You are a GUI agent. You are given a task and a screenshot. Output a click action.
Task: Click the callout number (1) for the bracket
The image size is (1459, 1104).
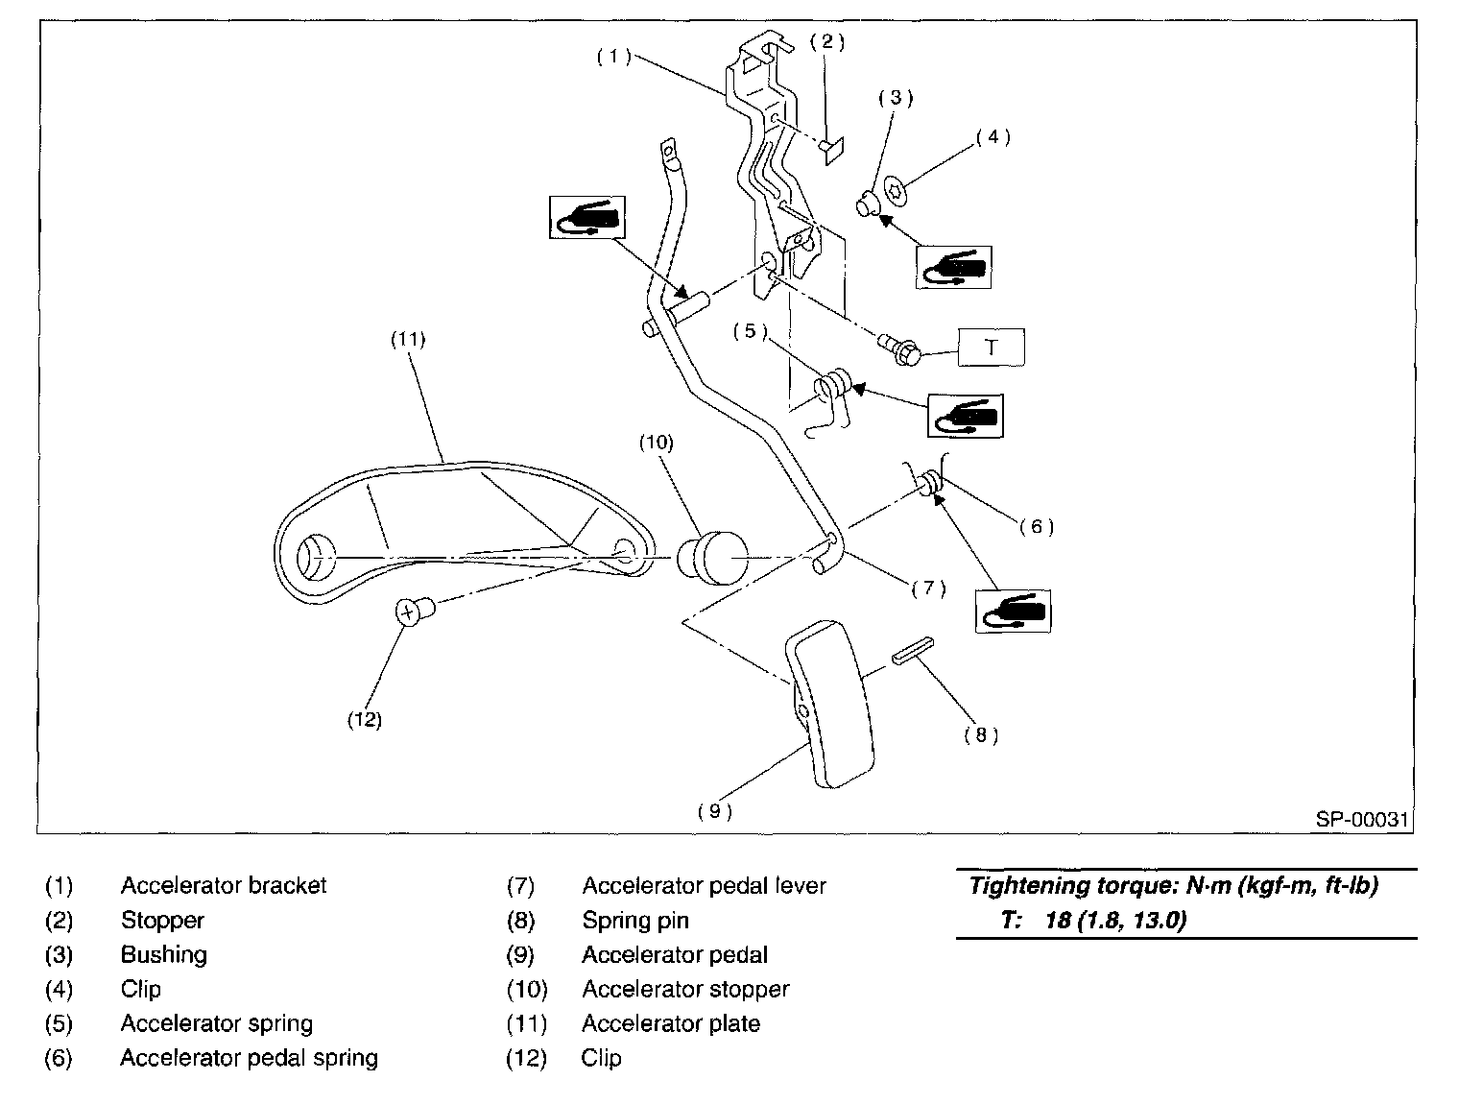pyautogui.click(x=613, y=57)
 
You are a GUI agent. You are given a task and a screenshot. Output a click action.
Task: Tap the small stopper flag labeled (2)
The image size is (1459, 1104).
pyautogui.click(x=831, y=151)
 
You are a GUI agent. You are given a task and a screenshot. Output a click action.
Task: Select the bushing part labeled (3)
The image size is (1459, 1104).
pyautogui.click(x=866, y=203)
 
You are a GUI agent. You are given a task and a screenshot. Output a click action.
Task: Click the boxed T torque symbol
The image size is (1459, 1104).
pyautogui.click(x=991, y=347)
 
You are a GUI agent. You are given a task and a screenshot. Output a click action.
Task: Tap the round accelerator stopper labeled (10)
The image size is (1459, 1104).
pyautogui.click(x=712, y=557)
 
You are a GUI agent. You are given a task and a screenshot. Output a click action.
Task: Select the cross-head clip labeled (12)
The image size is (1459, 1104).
pyautogui.click(x=415, y=611)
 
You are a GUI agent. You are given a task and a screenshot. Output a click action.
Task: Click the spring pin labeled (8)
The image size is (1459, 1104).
pyautogui.click(x=913, y=650)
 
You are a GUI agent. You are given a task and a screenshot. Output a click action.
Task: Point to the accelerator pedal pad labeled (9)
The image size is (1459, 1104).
pyautogui.click(x=829, y=704)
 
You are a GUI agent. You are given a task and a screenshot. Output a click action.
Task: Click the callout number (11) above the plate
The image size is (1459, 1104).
pyautogui.click(x=407, y=340)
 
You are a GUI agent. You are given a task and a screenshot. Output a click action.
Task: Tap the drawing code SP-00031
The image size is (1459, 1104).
pyautogui.click(x=1362, y=819)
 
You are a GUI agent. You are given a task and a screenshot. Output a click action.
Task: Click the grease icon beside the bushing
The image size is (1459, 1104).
pyautogui.click(x=953, y=267)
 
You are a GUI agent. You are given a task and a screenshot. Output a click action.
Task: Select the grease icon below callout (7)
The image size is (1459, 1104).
pyautogui.click(x=1013, y=611)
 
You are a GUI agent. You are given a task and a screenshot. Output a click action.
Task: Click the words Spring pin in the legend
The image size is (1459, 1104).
pyautogui.click(x=635, y=921)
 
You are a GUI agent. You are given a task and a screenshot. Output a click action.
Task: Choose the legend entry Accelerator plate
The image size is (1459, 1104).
pyautogui.click(x=671, y=1023)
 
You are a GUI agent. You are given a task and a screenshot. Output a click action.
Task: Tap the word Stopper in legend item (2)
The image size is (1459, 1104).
pyautogui.click(x=162, y=921)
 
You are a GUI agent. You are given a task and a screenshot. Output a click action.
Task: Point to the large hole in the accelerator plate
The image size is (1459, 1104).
pyautogui.click(x=315, y=557)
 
